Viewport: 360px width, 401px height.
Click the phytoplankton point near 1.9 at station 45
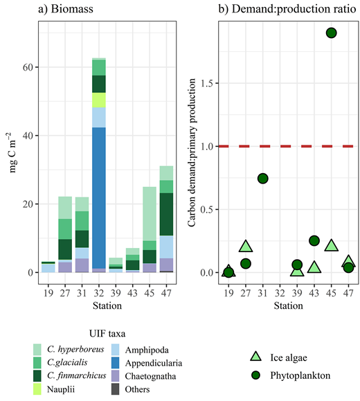click(x=332, y=33)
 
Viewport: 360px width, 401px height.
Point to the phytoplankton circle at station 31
click(x=263, y=178)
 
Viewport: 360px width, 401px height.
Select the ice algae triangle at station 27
click(x=246, y=246)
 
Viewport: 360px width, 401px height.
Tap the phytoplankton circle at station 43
click(x=314, y=240)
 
